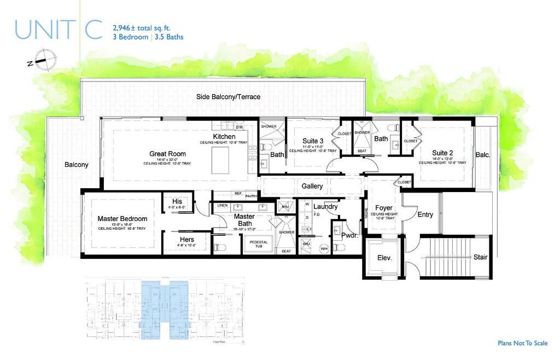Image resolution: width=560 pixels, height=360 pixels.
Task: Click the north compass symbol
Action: click(43, 59)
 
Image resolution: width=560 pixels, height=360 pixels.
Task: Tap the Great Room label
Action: click(167, 154)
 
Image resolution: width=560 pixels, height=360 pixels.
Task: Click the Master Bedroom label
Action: click(122, 219)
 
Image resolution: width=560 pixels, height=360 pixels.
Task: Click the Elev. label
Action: click(384, 257)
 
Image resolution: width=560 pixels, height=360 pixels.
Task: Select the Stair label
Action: click(480, 257)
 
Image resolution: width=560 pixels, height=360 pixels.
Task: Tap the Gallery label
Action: click(312, 186)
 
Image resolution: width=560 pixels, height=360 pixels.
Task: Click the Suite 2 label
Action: click(442, 153)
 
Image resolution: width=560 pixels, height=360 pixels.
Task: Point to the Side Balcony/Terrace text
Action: click(229, 97)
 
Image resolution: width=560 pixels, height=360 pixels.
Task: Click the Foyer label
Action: click(384, 208)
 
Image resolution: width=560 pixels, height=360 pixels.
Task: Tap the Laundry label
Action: click(325, 207)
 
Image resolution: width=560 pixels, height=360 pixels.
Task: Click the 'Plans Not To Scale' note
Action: click(522, 343)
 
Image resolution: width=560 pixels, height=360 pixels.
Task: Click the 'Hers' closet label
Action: click(186, 239)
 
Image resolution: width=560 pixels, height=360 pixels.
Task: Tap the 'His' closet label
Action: click(177, 201)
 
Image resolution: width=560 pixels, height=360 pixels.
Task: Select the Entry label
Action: click(425, 214)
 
